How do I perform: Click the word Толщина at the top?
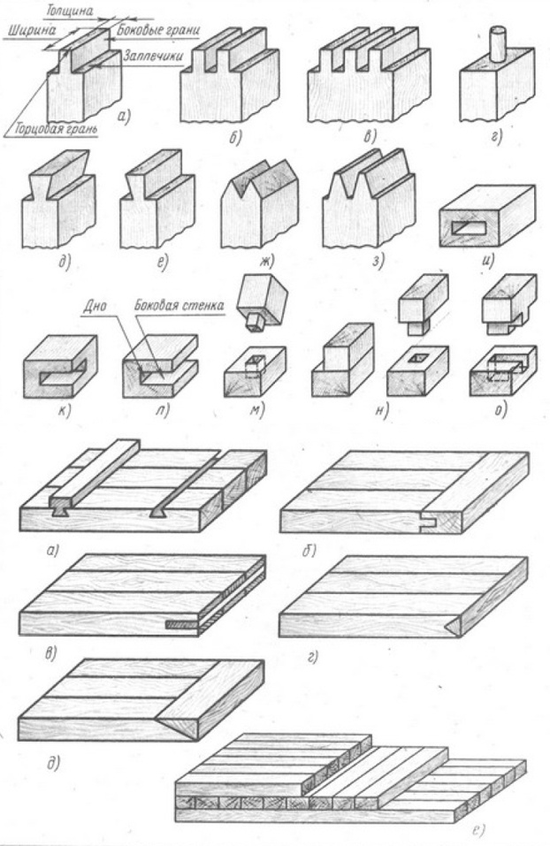pos(69,11)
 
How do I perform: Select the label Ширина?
pos(31,30)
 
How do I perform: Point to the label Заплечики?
pos(152,55)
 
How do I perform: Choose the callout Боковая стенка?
pos(180,306)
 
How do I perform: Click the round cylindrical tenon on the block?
pos(497,43)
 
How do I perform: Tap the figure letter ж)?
pos(266,262)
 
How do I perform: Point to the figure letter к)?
pos(65,411)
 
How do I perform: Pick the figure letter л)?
pos(163,411)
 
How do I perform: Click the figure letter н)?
pos(382,411)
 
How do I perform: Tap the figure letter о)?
pos(500,411)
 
